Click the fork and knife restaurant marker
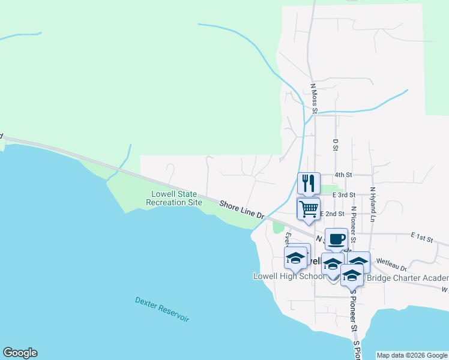click(x=309, y=183)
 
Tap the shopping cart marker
click(x=309, y=209)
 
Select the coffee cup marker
click(x=336, y=239)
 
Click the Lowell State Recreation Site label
click(x=174, y=199)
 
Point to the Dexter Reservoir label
click(x=162, y=310)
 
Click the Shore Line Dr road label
click(x=242, y=210)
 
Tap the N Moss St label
click(x=313, y=97)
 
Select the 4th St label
click(x=343, y=175)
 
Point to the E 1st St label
click(x=422, y=239)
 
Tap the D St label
click(x=336, y=145)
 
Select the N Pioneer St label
click(x=354, y=224)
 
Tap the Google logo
click(x=20, y=353)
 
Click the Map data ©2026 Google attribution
click(x=412, y=355)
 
